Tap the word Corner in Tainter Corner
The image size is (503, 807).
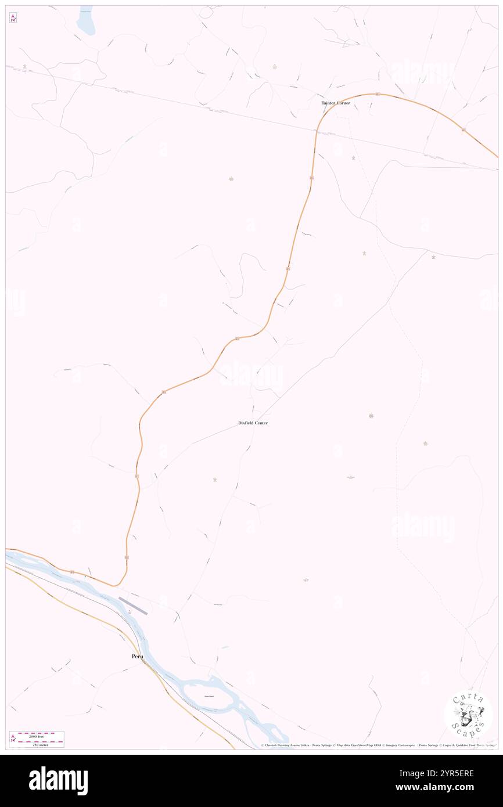(343, 103)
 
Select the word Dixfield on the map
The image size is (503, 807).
(246, 423)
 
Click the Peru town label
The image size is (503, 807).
(137, 656)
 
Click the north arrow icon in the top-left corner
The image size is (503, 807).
(13, 18)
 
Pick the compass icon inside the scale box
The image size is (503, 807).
(13, 739)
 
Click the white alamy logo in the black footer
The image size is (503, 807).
(58, 781)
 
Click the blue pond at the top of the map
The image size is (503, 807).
(85, 21)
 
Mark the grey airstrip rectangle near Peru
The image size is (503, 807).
(133, 606)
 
